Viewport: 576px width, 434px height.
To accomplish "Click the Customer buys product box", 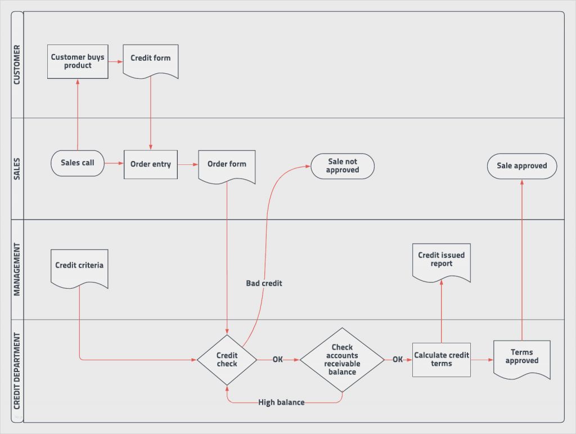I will pyautogui.click(x=78, y=62).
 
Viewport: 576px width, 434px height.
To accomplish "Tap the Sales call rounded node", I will pyautogui.click(x=78, y=163).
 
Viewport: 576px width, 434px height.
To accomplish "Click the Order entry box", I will pyautogui.click(x=150, y=164).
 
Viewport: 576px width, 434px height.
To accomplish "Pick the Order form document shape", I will pyautogui.click(x=227, y=165).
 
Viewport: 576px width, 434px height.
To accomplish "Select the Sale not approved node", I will pyautogui.click(x=342, y=166).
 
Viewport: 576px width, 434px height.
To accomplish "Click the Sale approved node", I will pyautogui.click(x=521, y=166).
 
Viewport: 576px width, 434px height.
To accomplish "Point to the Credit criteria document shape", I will pyautogui.click(x=79, y=267).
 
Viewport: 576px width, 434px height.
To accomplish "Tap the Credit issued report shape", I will pyautogui.click(x=441, y=261).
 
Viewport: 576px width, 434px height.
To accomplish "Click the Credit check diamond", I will pyautogui.click(x=227, y=360).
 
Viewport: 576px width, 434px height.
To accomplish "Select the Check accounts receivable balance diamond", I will pyautogui.click(x=342, y=360).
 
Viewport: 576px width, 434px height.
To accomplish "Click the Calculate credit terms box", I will pyautogui.click(x=441, y=360).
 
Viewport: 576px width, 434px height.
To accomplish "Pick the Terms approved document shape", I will pyautogui.click(x=521, y=359).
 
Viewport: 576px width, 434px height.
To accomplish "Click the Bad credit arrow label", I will pyautogui.click(x=264, y=283).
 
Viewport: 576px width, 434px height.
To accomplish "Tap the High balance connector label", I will pyautogui.click(x=281, y=402).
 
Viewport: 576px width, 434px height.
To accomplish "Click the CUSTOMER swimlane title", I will pyautogui.click(x=17, y=65).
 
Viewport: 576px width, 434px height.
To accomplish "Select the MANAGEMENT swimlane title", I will pyautogui.click(x=17, y=269).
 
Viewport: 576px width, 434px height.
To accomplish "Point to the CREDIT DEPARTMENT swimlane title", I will pyautogui.click(x=17, y=370).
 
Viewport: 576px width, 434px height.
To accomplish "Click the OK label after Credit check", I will pyautogui.click(x=277, y=359).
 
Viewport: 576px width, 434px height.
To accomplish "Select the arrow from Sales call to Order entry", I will pyautogui.click(x=114, y=164).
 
